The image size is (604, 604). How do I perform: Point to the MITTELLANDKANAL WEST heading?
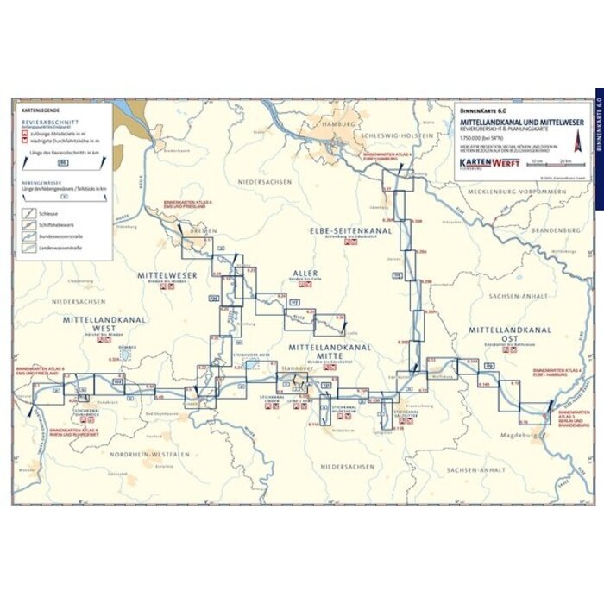[x=107, y=324]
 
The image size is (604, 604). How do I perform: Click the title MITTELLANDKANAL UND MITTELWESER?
[x=520, y=123]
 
